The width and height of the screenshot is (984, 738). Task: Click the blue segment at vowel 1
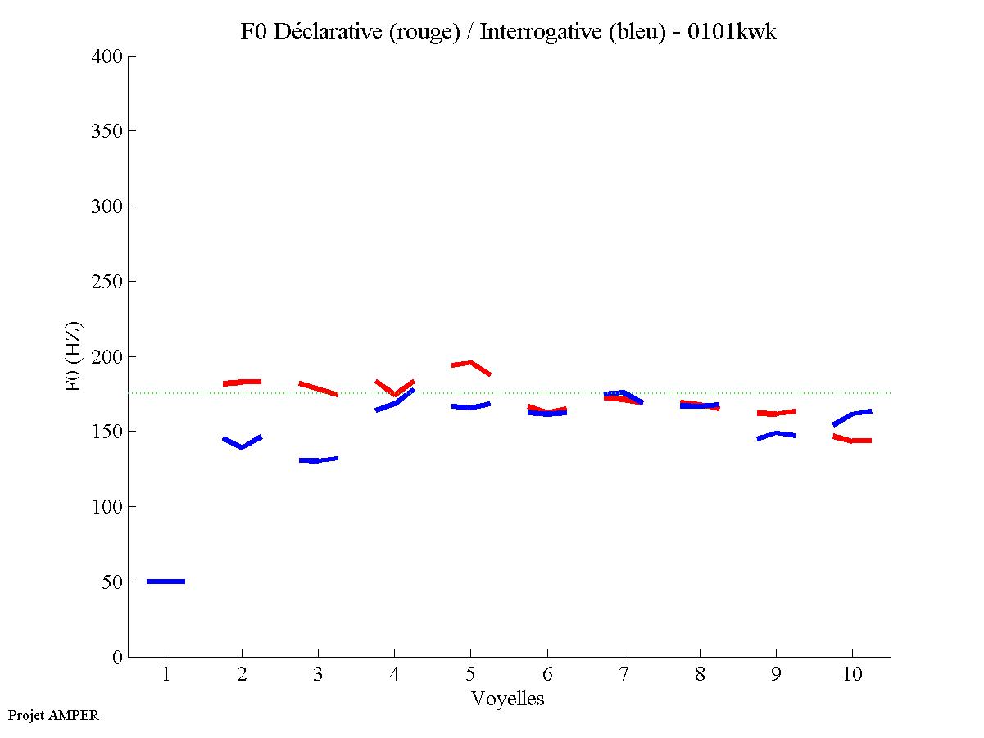click(166, 582)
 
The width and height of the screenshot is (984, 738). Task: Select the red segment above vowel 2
click(242, 382)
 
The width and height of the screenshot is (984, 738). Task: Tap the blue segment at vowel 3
click(318, 460)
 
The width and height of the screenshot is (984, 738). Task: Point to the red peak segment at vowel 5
click(471, 364)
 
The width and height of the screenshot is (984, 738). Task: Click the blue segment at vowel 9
click(776, 434)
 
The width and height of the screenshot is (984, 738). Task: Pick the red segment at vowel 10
click(852, 440)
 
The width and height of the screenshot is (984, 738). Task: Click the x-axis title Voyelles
click(508, 699)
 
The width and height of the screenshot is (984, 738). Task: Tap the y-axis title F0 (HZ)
click(73, 356)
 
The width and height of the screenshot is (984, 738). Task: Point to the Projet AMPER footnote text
click(53, 715)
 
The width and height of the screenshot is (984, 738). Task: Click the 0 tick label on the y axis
click(118, 657)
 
